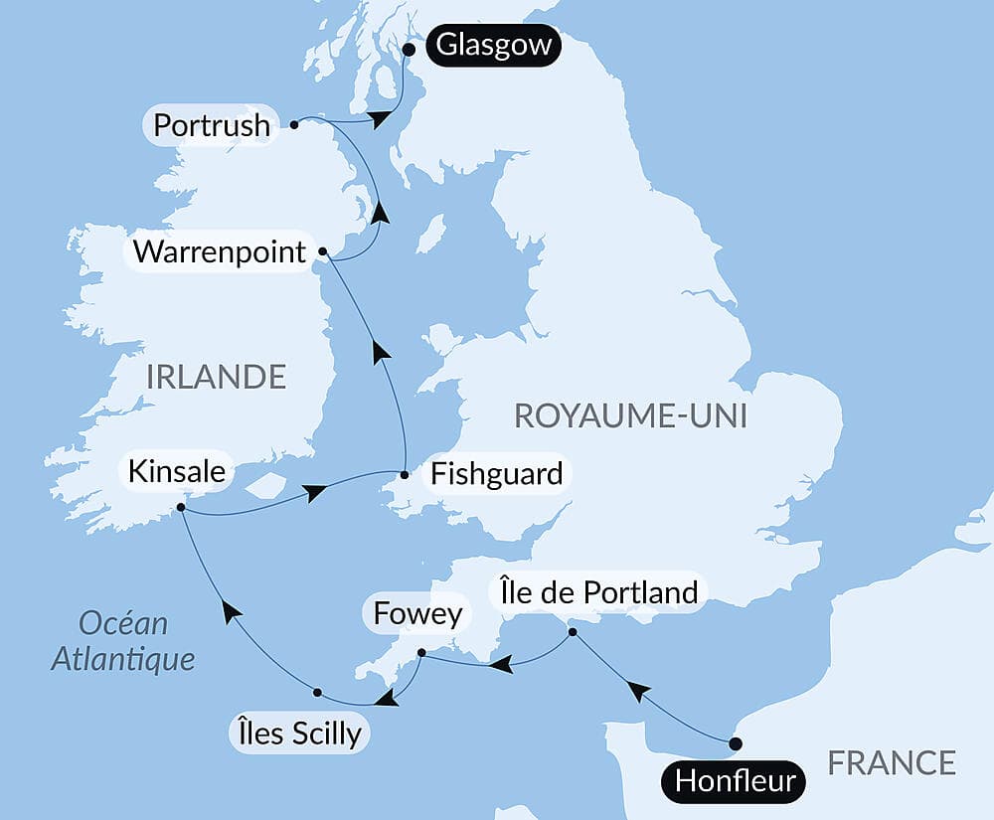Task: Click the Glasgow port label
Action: point(492,47)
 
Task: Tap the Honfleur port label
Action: point(735,780)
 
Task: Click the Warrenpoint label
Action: point(220,251)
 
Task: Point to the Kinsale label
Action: point(176,471)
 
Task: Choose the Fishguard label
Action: point(495,473)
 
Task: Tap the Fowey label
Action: point(417,614)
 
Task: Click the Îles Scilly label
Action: point(297,734)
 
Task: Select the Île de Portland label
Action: point(595,592)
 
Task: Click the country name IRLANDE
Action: point(216,377)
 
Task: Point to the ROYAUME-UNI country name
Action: point(630,415)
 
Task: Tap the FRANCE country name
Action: point(892,762)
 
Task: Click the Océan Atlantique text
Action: point(123,641)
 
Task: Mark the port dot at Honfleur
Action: point(735,743)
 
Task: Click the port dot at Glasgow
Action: point(408,48)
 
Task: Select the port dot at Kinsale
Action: point(181,508)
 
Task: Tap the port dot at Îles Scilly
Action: point(317,692)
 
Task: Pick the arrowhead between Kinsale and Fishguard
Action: point(314,492)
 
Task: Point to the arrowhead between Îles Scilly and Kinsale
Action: point(231,612)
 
